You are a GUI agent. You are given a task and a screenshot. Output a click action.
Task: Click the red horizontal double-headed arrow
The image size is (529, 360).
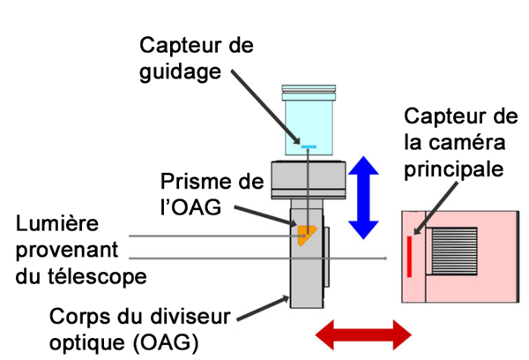[363, 335]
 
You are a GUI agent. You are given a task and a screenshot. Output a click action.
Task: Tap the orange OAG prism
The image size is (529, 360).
[304, 235]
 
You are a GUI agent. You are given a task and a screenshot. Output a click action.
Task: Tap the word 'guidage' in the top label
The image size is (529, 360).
[181, 72]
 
